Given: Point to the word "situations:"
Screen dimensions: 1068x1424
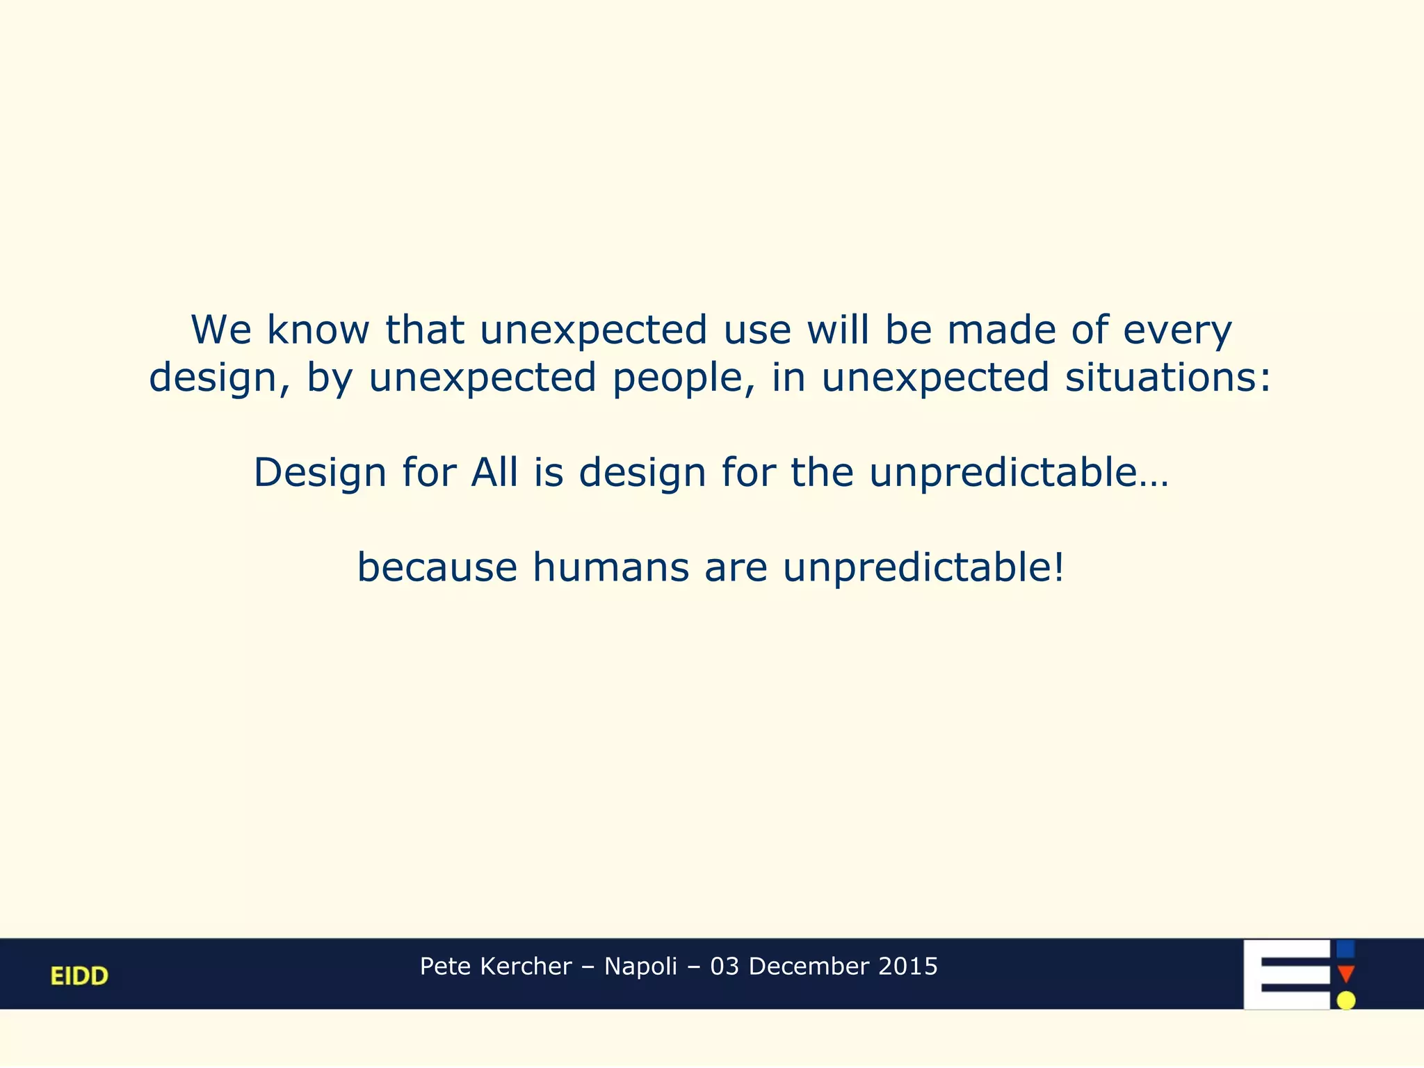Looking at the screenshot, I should coord(1167,378).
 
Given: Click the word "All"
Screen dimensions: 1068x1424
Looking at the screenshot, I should coord(494,472).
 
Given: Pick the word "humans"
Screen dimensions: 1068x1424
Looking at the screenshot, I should coord(610,567).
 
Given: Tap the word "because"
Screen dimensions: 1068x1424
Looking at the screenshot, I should coord(437,567).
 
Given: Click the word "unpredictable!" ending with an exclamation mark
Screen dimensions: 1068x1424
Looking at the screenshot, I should coord(923,568).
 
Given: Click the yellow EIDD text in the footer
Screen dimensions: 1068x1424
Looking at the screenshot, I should coord(79,976).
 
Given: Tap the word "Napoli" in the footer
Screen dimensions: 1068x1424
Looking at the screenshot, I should coord(640,966).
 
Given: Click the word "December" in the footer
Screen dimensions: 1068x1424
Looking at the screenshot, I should coord(809,966).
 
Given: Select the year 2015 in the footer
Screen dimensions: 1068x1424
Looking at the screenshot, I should coord(908,966).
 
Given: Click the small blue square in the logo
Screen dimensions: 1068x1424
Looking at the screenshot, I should coord(1345,949).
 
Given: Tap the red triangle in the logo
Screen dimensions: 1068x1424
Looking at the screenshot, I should coord(1345,973).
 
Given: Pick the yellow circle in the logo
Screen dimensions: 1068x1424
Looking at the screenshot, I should coord(1346,1000).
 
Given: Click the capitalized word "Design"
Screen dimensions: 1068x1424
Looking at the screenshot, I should coord(320,474).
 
